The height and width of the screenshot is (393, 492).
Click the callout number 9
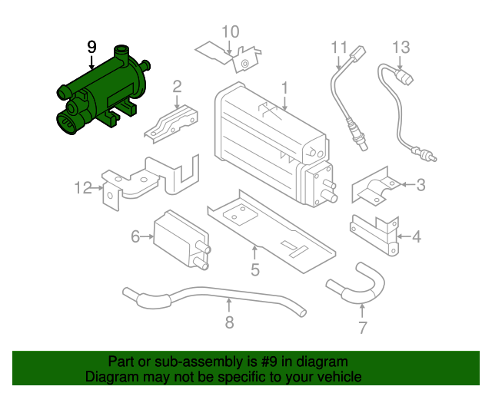[91, 47]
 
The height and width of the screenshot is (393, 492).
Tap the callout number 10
[231, 31]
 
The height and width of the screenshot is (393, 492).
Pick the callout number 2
[177, 86]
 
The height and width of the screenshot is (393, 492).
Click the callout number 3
[421, 184]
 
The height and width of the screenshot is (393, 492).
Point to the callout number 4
[417, 236]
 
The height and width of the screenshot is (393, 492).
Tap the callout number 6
[135, 236]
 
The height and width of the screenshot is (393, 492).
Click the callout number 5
[254, 269]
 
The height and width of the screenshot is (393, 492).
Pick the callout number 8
[229, 322]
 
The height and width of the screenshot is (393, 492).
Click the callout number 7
[362, 329]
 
